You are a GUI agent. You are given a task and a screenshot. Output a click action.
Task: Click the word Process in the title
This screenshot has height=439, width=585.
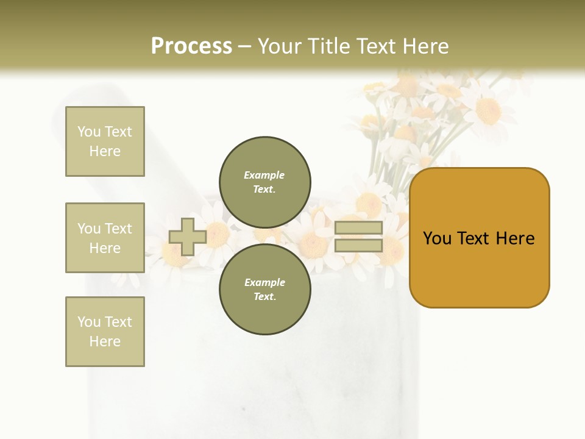(x=191, y=46)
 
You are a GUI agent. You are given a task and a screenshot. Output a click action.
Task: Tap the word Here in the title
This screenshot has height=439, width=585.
(x=424, y=46)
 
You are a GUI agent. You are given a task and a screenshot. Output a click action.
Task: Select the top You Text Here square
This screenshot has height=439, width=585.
(x=105, y=141)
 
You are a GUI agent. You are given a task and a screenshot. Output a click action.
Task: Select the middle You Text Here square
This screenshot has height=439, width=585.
(x=105, y=238)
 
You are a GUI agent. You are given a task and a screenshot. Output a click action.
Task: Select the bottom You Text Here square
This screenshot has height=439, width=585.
(x=105, y=332)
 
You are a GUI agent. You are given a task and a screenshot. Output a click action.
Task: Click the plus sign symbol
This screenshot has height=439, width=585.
(x=188, y=237)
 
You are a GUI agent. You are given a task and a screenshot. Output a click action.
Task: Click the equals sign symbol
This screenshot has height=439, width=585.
(x=358, y=237)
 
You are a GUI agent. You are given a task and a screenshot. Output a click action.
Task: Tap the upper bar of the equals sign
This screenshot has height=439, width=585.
(x=358, y=228)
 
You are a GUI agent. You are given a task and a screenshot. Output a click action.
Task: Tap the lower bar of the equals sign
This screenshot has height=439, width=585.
(x=358, y=245)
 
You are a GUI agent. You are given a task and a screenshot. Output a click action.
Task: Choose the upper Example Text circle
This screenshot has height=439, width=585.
(x=265, y=182)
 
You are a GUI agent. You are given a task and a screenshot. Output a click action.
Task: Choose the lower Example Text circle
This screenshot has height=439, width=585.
(x=265, y=290)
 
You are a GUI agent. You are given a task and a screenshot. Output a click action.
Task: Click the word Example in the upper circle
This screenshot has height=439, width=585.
(x=264, y=175)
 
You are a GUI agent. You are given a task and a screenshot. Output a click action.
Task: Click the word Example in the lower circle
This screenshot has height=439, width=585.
(x=264, y=282)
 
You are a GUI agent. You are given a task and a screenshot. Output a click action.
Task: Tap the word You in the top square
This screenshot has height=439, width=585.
(x=89, y=132)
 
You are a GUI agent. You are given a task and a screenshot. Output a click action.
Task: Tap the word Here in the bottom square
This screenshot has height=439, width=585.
(x=105, y=341)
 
